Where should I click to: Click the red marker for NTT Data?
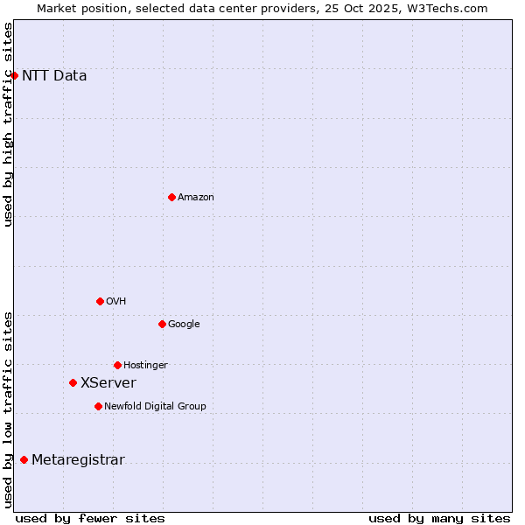[x=15, y=76]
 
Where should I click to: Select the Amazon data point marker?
[x=171, y=197]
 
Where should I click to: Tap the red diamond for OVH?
[x=100, y=301]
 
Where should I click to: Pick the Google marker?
[x=162, y=324]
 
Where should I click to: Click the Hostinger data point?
[x=117, y=365]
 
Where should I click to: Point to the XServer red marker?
[x=73, y=382]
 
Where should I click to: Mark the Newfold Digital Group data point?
[x=98, y=406]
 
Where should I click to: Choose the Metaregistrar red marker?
[x=24, y=460]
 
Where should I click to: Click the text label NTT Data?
[x=54, y=76]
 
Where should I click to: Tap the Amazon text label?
[x=196, y=198]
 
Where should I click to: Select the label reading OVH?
[x=116, y=302]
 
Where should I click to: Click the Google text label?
[x=184, y=325]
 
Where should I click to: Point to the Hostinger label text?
[x=145, y=366]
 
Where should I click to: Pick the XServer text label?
[x=108, y=383]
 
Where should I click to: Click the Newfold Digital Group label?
[x=155, y=407]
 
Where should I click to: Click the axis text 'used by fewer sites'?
[x=90, y=519]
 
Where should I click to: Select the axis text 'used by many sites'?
[x=439, y=519]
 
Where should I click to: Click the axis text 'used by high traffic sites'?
[x=9, y=124]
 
